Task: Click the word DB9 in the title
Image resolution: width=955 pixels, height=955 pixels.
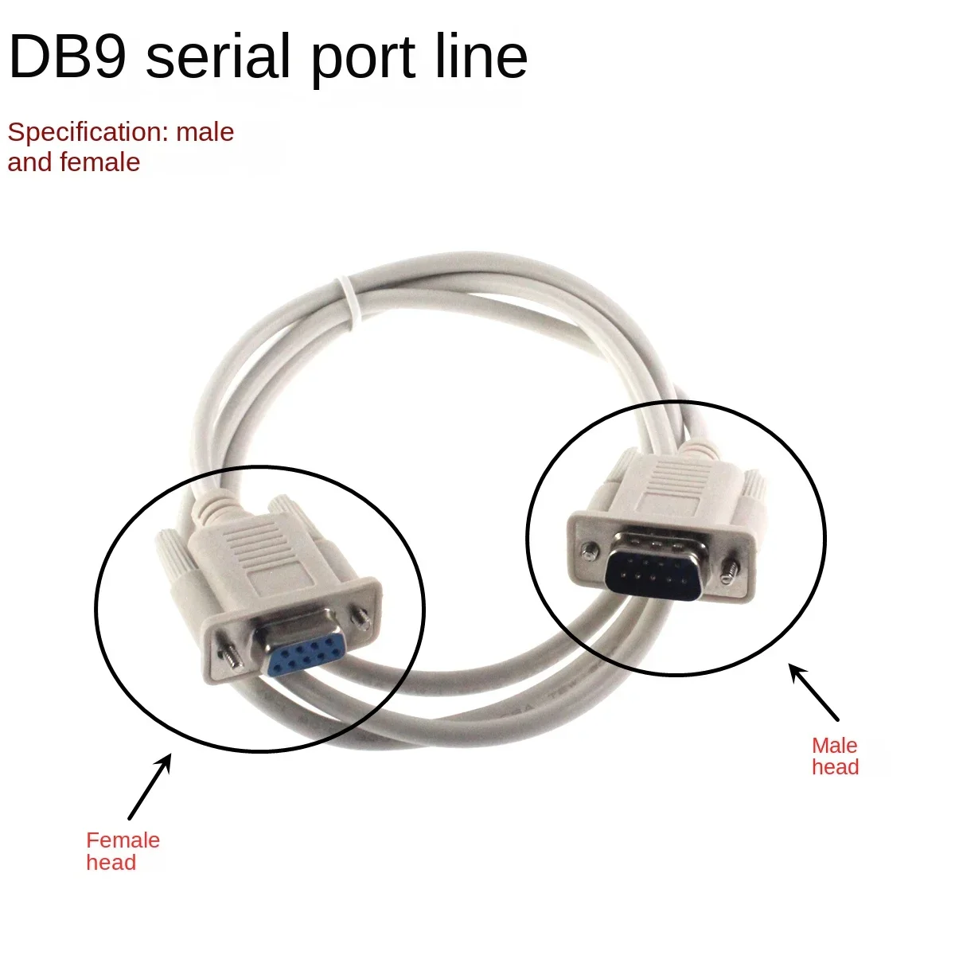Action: [x=67, y=57]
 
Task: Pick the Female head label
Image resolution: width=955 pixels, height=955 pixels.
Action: [x=123, y=851]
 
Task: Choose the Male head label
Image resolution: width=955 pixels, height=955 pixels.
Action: [x=835, y=756]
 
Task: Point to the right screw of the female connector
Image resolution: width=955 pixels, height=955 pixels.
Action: [x=364, y=615]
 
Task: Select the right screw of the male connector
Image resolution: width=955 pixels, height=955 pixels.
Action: [x=729, y=570]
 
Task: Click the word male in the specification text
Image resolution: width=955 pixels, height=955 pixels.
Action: [x=205, y=132]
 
